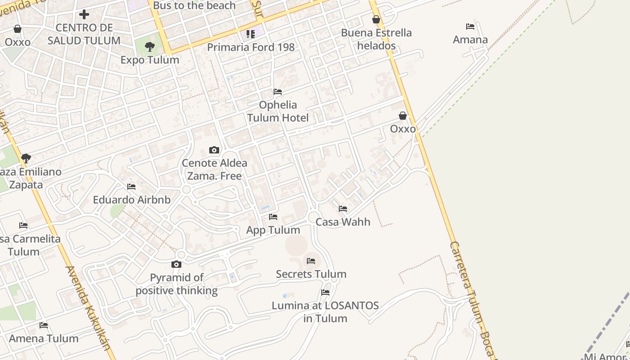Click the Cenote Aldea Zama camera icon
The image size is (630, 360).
(214, 150)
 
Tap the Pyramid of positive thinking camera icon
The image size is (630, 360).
(176, 264)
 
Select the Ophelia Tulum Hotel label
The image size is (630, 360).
(278, 111)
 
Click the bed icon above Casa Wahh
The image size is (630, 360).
(343, 209)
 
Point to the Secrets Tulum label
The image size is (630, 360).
(311, 274)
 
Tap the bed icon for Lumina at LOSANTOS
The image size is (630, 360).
(325, 292)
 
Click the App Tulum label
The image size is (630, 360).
(273, 230)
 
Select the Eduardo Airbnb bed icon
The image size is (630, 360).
(131, 186)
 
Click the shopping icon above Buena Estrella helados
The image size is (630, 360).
(376, 19)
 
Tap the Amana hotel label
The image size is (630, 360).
(470, 40)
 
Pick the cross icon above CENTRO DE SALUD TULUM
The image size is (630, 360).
(84, 14)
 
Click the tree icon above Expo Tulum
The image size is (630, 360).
(150, 46)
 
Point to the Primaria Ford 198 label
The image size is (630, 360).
(251, 47)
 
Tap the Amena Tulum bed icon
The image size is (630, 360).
(44, 325)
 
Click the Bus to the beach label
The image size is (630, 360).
(194, 5)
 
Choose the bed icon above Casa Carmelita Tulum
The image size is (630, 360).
(23, 225)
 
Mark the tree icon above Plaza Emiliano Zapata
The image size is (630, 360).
(26, 158)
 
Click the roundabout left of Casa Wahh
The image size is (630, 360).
(314, 217)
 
